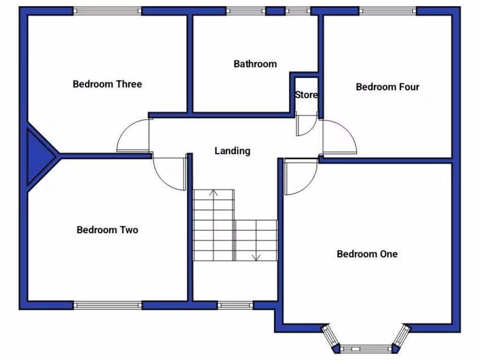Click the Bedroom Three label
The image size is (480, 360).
(x=107, y=84)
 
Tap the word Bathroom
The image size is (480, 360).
(x=255, y=64)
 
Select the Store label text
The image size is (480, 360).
(x=306, y=95)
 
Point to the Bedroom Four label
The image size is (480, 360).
(x=387, y=87)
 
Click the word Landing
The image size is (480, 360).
(x=232, y=151)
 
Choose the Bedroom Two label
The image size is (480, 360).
(x=107, y=230)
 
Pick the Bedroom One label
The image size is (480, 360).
(x=367, y=254)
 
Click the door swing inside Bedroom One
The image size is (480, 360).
(x=300, y=177)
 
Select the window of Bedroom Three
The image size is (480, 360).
(x=107, y=11)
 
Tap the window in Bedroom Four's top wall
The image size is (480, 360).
(x=387, y=11)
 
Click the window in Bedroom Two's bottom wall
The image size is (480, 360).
(x=107, y=305)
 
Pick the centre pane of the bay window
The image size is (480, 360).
(x=365, y=349)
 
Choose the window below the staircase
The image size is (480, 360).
(x=235, y=305)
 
